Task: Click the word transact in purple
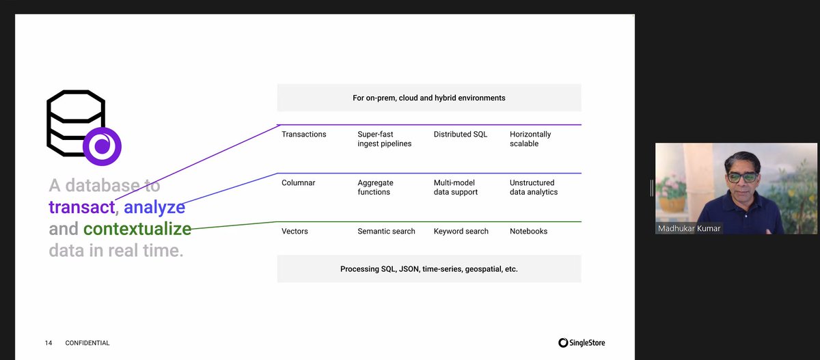point(80,207)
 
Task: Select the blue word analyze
point(154,207)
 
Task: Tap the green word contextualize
point(137,229)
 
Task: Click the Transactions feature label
point(304,135)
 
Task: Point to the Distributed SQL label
point(461,135)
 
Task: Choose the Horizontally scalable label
point(530,139)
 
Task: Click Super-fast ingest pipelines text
point(385,139)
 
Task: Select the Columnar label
point(299,183)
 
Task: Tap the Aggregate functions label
point(375,188)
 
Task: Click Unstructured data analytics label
point(534,188)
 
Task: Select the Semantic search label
point(386,232)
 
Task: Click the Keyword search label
point(461,232)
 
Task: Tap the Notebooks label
point(529,232)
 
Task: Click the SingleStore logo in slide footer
point(582,343)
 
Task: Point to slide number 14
point(49,343)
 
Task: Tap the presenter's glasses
point(742,178)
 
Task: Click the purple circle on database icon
point(102,146)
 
